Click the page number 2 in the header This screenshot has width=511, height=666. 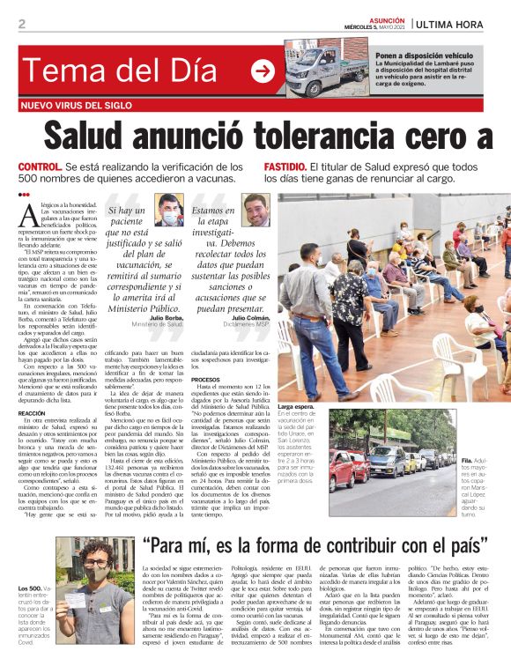click(x=21, y=24)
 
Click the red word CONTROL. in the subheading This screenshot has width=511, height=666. click(x=41, y=166)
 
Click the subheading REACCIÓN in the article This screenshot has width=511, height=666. click(x=31, y=413)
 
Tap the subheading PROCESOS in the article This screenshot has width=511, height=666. click(x=204, y=380)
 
